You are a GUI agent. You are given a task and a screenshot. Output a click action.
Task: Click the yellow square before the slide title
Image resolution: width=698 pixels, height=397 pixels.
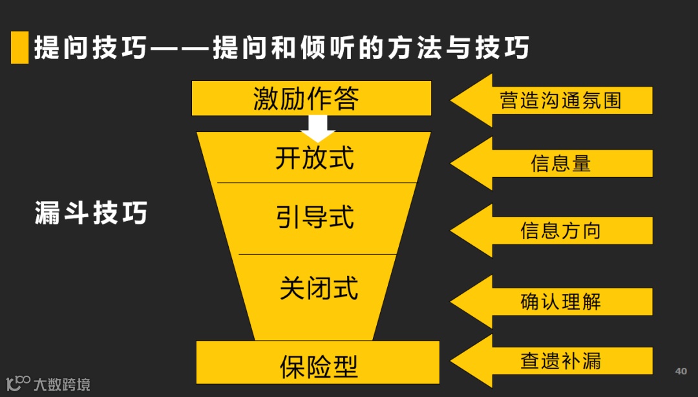point(19,47)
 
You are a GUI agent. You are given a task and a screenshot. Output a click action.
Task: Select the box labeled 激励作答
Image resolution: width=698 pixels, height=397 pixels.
point(311,98)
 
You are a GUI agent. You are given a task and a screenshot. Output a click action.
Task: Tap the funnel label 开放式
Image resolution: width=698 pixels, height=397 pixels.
point(314,157)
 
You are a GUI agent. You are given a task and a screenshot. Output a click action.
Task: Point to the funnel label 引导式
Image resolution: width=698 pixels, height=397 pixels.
point(315,218)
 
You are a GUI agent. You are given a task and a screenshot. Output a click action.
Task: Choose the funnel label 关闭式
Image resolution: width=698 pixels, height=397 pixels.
point(318,288)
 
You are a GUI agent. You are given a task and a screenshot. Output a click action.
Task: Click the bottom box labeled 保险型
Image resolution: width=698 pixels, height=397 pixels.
point(318,365)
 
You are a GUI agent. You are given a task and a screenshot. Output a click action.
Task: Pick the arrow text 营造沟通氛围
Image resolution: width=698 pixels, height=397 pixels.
point(560,100)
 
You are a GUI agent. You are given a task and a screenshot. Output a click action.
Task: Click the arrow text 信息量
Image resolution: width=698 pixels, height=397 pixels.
point(560,164)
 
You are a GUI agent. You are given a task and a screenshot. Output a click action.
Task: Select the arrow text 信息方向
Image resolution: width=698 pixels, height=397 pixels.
point(560,231)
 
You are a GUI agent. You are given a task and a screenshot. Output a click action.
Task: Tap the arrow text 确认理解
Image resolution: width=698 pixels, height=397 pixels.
point(560,301)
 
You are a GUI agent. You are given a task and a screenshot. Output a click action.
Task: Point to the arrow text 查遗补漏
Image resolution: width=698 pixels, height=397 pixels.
point(560,360)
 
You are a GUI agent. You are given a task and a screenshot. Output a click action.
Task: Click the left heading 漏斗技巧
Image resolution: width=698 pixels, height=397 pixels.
point(90,213)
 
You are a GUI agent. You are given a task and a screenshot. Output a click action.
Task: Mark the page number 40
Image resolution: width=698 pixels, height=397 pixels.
point(681,371)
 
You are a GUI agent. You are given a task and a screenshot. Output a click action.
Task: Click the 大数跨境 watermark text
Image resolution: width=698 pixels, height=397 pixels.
point(62,384)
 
